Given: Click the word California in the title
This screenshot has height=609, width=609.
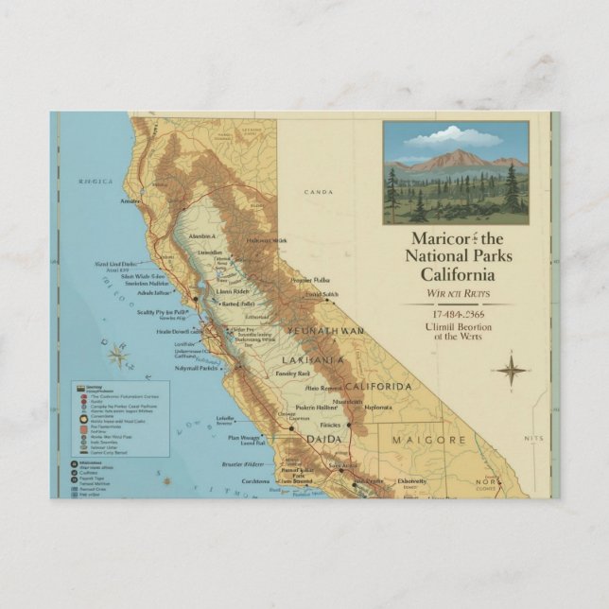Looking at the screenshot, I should [449, 274].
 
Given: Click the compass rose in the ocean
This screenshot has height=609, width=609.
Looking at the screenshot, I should [118, 356].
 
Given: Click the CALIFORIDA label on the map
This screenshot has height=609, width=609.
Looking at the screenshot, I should [377, 388].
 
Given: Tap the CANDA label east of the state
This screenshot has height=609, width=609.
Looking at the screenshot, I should [319, 192].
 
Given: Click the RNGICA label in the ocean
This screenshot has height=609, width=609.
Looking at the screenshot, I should [96, 181].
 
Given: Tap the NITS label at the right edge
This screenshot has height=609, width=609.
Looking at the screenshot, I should [534, 439].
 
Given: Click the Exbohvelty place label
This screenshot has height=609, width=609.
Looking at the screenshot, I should [411, 480].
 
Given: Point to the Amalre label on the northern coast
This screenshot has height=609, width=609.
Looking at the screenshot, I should [130, 200].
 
